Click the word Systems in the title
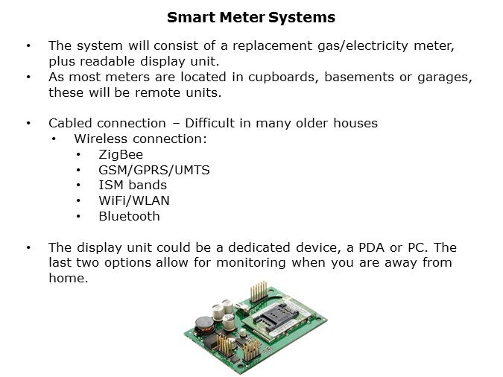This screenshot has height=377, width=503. tap(303, 17)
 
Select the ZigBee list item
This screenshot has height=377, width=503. tap(121, 154)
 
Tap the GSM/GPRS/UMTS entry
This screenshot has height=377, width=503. tap(154, 170)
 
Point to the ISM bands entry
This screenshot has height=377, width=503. tap(133, 185)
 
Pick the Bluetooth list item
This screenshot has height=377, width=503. tap(129, 217)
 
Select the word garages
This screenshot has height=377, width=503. tap(445, 77)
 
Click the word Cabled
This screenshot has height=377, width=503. tap(72, 123)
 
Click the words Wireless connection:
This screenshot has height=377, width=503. tap(140, 139)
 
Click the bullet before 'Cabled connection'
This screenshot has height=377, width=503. tap(28, 123)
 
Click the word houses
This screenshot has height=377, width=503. tap(352, 123)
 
